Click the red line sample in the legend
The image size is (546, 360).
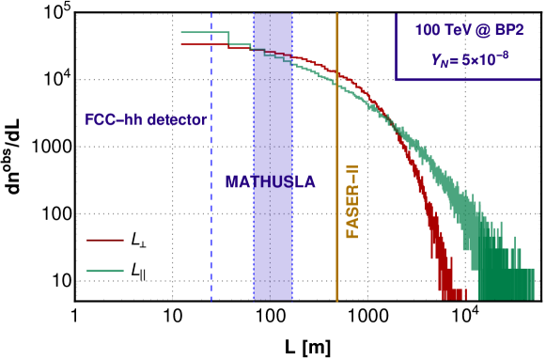pos(105,240)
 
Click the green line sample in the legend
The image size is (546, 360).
pos(105,271)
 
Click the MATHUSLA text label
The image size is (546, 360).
pos(270,181)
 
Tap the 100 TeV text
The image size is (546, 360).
pos(437,30)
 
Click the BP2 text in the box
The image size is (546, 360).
pos(508,30)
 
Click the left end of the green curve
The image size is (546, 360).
pos(181,33)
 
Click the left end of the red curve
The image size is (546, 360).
pos(181,44)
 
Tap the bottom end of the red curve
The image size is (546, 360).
pos(451,295)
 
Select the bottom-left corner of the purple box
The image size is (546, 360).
pos(397,80)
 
